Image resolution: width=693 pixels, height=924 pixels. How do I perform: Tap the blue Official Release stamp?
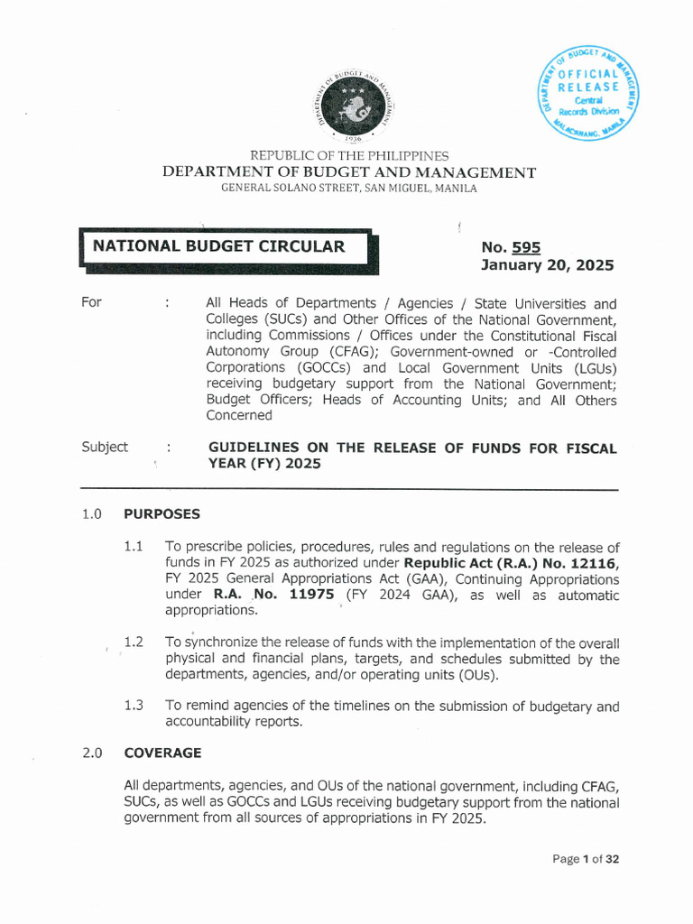click(x=586, y=93)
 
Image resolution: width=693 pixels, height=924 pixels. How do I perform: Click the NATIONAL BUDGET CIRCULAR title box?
click(x=226, y=246)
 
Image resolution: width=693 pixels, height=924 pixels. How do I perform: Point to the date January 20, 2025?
click(x=547, y=265)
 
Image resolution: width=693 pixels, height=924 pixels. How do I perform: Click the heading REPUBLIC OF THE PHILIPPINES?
click(x=348, y=156)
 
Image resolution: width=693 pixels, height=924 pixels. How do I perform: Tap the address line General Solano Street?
click(x=348, y=189)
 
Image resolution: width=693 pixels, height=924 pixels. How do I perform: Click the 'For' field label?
click(x=91, y=302)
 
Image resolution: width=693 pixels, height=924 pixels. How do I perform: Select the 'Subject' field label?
click(x=104, y=448)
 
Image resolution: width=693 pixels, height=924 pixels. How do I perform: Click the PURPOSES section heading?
click(x=162, y=514)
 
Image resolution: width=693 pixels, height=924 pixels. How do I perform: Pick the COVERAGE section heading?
click(x=162, y=753)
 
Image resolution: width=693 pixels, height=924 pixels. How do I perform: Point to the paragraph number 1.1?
click(x=134, y=547)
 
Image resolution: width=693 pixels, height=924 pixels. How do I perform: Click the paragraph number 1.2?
click(x=134, y=642)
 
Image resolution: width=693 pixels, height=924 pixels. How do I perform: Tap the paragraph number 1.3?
click(x=134, y=706)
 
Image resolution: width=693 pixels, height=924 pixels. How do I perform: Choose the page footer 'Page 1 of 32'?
click(x=586, y=859)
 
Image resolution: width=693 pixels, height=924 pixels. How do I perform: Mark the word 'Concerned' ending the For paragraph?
click(x=238, y=416)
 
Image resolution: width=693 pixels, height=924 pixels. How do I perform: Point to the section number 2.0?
click(x=91, y=753)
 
